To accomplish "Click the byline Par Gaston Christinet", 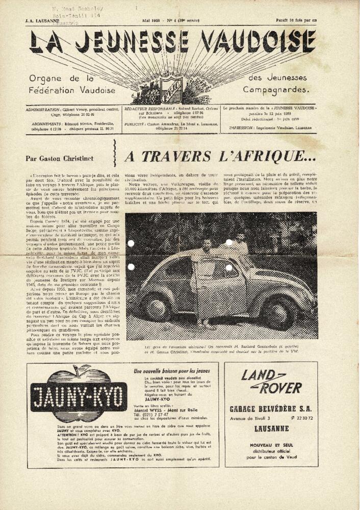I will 59,158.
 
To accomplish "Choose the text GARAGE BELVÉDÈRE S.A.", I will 271,409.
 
